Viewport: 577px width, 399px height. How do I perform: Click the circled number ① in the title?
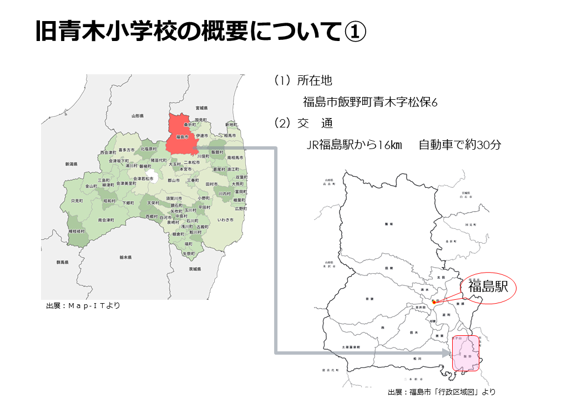click(353, 32)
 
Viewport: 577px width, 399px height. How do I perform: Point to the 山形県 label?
click(138, 116)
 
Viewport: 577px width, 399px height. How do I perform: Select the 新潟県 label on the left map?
click(70, 164)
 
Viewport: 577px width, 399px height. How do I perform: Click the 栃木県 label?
click(125, 257)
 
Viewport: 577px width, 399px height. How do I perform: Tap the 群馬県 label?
click(62, 262)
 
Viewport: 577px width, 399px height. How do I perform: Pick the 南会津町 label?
click(105, 220)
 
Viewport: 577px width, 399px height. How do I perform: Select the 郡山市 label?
click(174, 180)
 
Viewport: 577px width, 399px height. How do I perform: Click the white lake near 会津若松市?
click(151, 177)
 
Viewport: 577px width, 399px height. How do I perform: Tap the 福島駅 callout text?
click(488, 287)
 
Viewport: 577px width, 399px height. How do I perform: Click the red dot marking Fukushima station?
click(434, 302)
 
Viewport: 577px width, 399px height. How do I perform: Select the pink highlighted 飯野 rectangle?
click(466, 353)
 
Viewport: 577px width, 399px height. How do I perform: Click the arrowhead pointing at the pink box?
click(448, 352)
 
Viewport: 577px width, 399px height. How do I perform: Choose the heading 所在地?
click(315, 81)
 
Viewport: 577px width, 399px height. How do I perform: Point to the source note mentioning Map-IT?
click(83, 305)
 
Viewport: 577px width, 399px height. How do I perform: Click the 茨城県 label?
click(194, 269)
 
